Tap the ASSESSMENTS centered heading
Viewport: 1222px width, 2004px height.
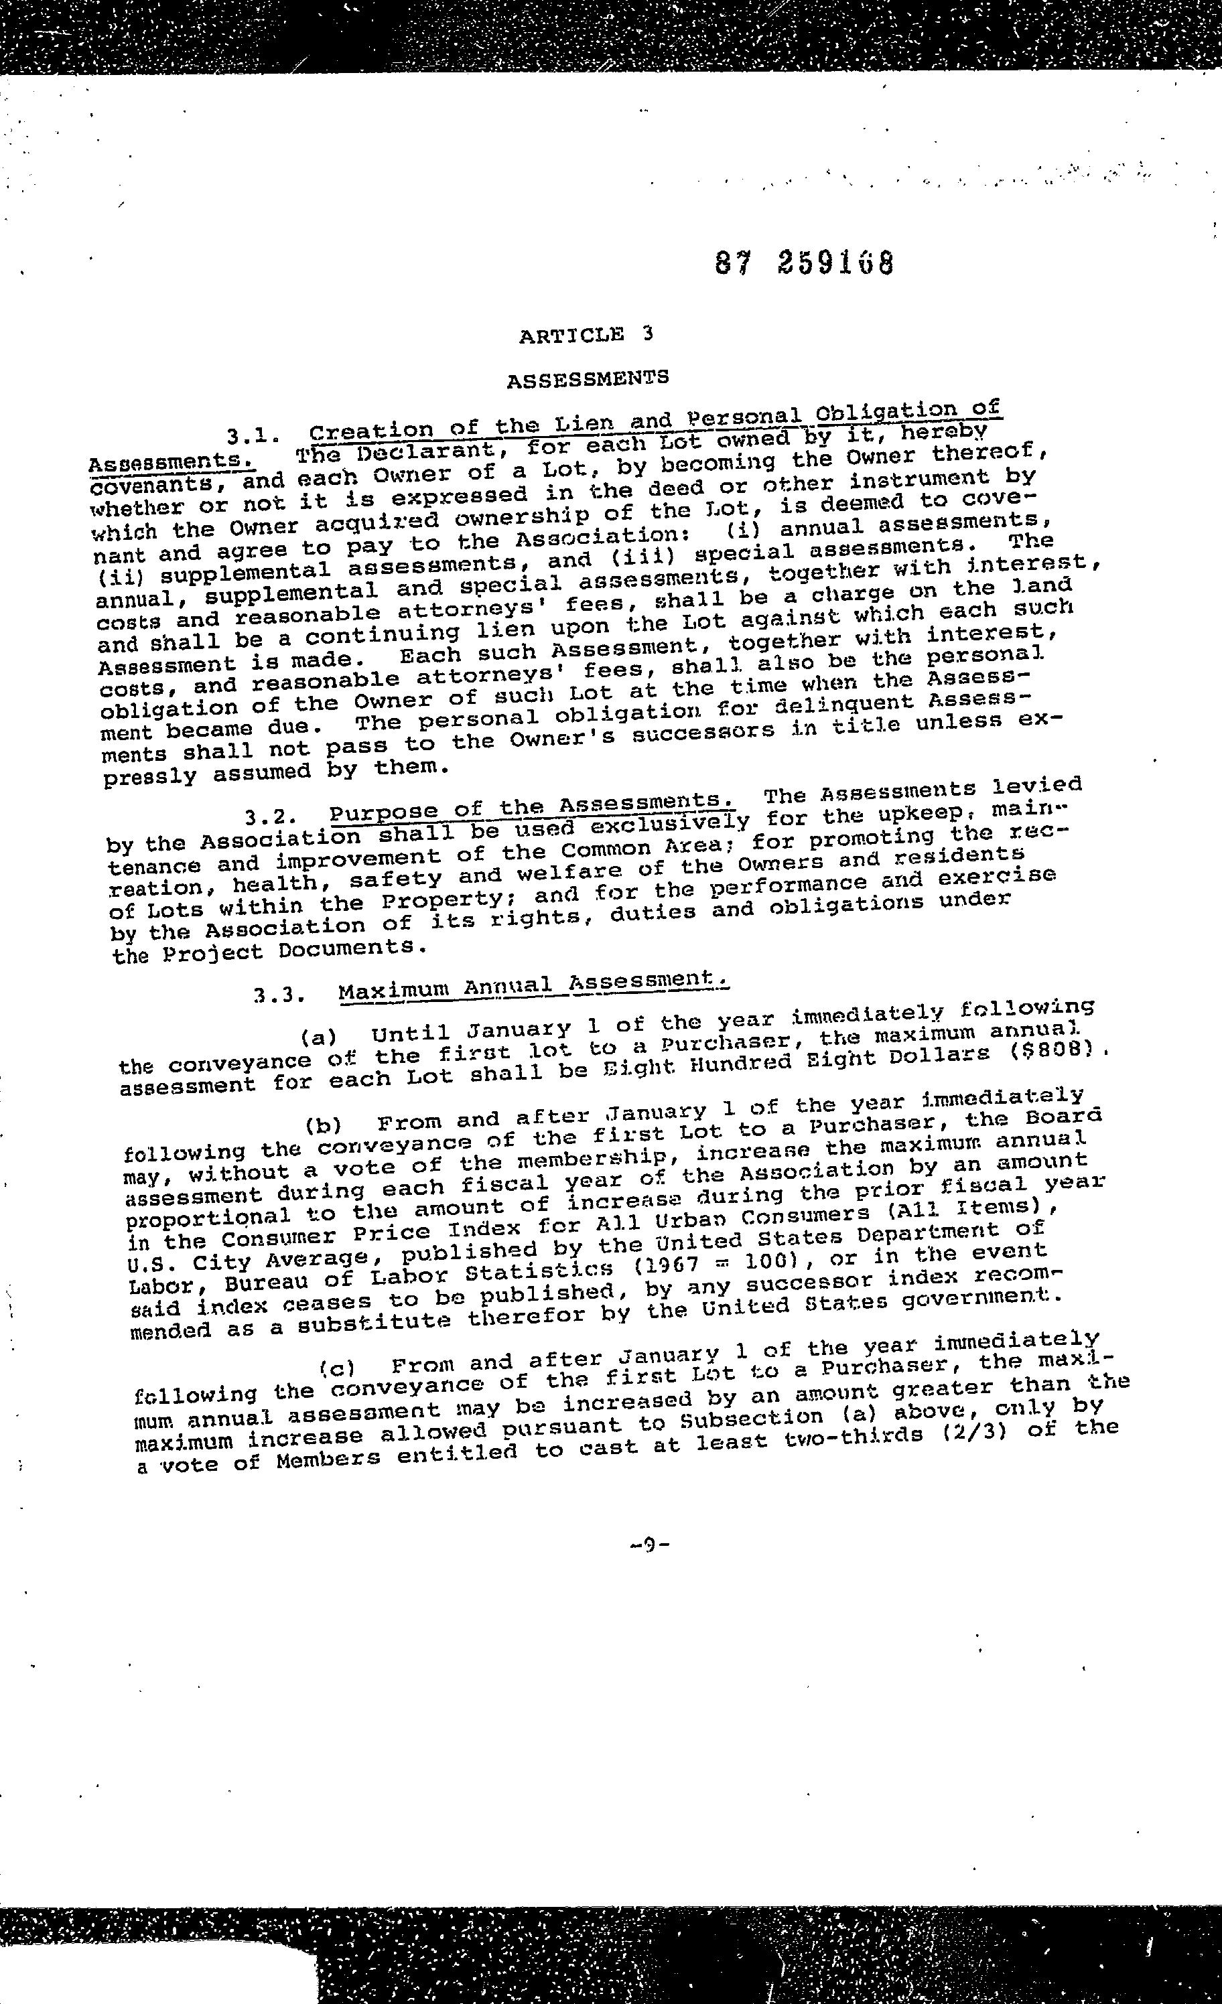pyautogui.click(x=588, y=379)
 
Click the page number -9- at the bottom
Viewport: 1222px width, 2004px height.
pyautogui.click(x=649, y=1545)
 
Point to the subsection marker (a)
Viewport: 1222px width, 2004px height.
pyautogui.click(x=318, y=1037)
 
